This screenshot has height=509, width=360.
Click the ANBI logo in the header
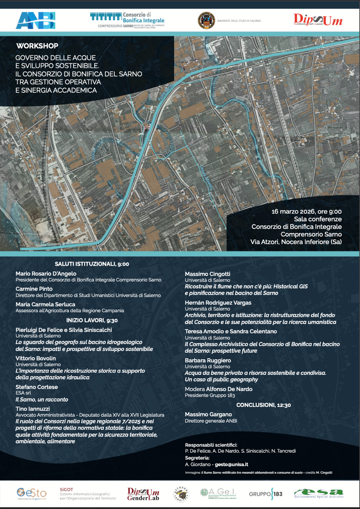click(35, 20)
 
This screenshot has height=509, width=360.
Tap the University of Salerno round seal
click(206, 20)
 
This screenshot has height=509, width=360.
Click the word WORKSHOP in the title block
click(37, 46)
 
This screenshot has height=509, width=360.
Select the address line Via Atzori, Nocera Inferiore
click(296, 242)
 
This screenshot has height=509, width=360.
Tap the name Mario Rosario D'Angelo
click(46, 274)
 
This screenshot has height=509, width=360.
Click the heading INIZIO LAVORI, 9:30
click(92, 320)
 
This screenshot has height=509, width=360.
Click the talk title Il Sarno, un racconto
click(42, 399)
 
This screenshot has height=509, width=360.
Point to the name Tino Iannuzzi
click(33, 409)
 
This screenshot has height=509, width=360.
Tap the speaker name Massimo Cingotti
click(207, 274)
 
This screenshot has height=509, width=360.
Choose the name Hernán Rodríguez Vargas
click(218, 303)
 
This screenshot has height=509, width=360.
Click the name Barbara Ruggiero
click(208, 360)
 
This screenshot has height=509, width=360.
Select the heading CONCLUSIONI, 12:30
click(263, 405)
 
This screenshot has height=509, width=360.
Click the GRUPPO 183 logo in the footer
click(266, 494)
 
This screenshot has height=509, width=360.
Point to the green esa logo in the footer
click(319, 493)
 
